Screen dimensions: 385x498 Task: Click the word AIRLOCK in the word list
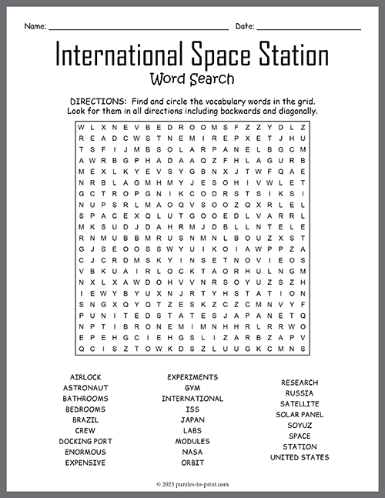point(85,377)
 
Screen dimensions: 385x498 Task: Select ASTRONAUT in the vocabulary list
point(85,388)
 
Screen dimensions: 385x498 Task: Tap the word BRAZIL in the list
point(85,419)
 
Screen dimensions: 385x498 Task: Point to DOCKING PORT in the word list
point(85,441)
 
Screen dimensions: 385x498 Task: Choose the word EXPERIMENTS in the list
point(192,377)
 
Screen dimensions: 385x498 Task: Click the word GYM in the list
point(192,388)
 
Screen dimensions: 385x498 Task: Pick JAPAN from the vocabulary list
point(192,419)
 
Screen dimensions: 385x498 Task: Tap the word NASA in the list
point(192,452)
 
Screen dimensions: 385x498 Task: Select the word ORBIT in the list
point(192,463)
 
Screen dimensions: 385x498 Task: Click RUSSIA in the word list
point(300,393)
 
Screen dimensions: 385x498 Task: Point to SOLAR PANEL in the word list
point(300,414)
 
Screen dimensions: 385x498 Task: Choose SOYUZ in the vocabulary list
point(300,425)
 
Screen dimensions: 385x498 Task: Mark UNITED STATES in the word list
point(300,457)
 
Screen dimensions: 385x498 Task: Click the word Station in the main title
point(285,55)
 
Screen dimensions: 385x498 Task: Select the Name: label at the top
point(35,26)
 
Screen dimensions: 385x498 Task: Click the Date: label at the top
point(245,26)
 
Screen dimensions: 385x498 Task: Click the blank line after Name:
point(138,28)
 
